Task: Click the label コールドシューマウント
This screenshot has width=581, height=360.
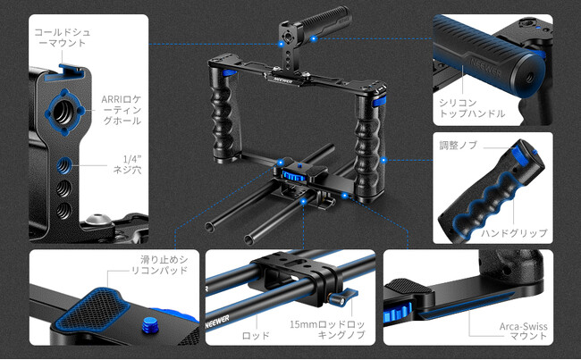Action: (x=63, y=38)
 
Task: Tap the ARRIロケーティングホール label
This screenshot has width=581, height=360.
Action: (x=122, y=110)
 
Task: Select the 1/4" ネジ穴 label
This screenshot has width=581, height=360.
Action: (x=127, y=165)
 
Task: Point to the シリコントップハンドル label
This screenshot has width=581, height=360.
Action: (x=472, y=108)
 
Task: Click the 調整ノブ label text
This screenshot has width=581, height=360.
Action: (x=459, y=146)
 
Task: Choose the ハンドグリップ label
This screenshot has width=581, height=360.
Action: (x=514, y=233)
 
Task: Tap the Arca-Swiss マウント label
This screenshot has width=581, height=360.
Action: (x=523, y=331)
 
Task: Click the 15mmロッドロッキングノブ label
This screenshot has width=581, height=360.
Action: (x=327, y=330)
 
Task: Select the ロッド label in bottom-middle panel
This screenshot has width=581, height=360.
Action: (x=256, y=336)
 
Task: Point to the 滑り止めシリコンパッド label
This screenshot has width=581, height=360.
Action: (x=160, y=264)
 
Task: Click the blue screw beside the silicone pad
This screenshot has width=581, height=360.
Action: (x=149, y=324)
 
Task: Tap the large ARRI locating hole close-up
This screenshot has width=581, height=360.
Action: (x=65, y=112)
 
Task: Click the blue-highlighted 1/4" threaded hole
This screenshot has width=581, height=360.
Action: (x=64, y=165)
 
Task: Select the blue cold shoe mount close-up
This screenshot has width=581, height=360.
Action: (x=64, y=72)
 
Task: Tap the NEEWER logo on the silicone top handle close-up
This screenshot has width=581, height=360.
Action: (x=485, y=67)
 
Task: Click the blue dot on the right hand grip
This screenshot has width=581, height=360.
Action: (x=383, y=161)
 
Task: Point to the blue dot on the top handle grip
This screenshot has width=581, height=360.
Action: (x=314, y=38)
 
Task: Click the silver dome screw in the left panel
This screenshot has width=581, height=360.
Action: (x=97, y=220)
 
